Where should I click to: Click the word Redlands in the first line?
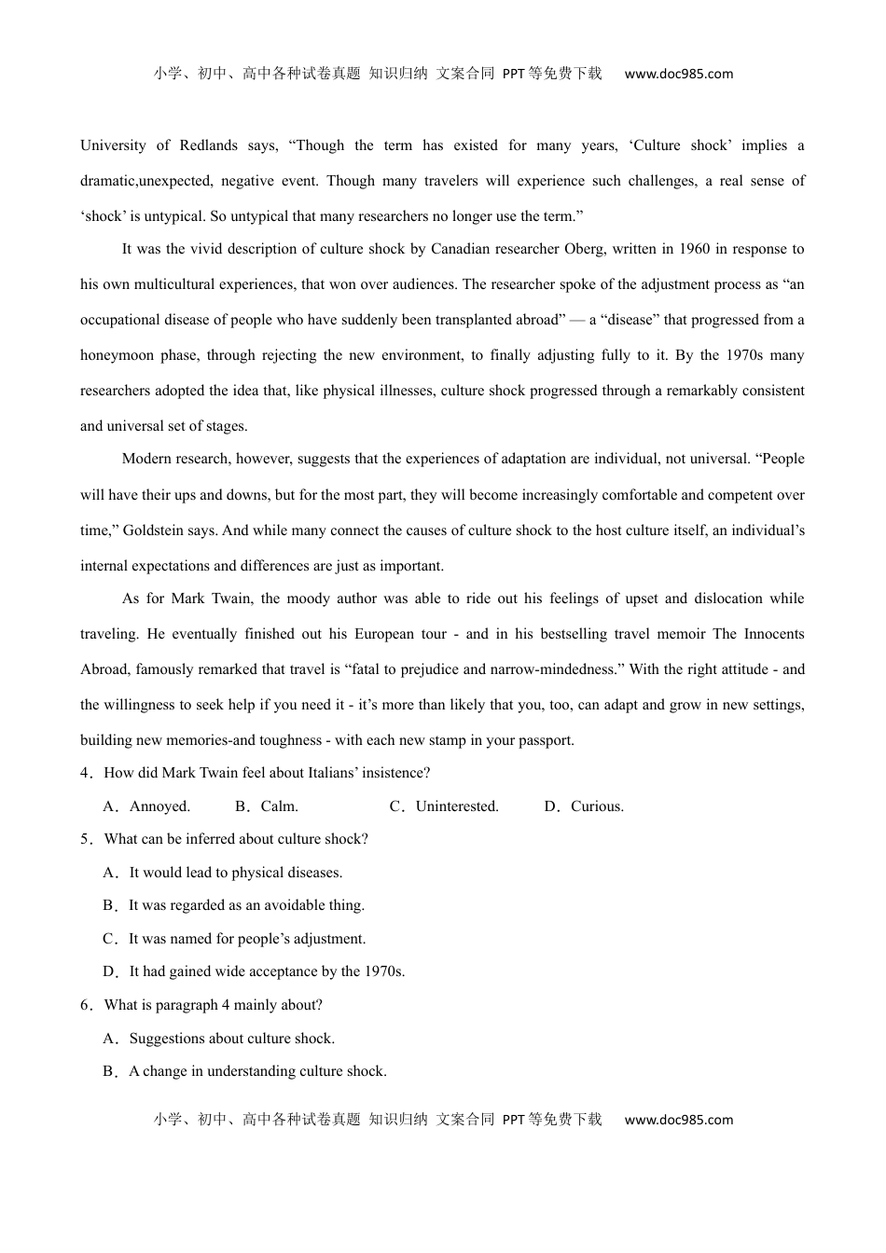coord(208,145)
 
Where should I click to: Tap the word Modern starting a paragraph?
coord(146,459)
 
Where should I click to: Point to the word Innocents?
coord(773,634)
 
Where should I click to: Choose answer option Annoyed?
coord(159,806)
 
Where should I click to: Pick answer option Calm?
coord(279,806)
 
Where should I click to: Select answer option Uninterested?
coord(457,806)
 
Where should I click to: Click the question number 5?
coord(86,839)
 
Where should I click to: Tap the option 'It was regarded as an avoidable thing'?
coord(246,905)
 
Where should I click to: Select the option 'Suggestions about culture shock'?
coord(231,1039)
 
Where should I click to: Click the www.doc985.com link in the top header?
coord(679,74)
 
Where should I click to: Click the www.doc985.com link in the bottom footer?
coord(679,1120)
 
